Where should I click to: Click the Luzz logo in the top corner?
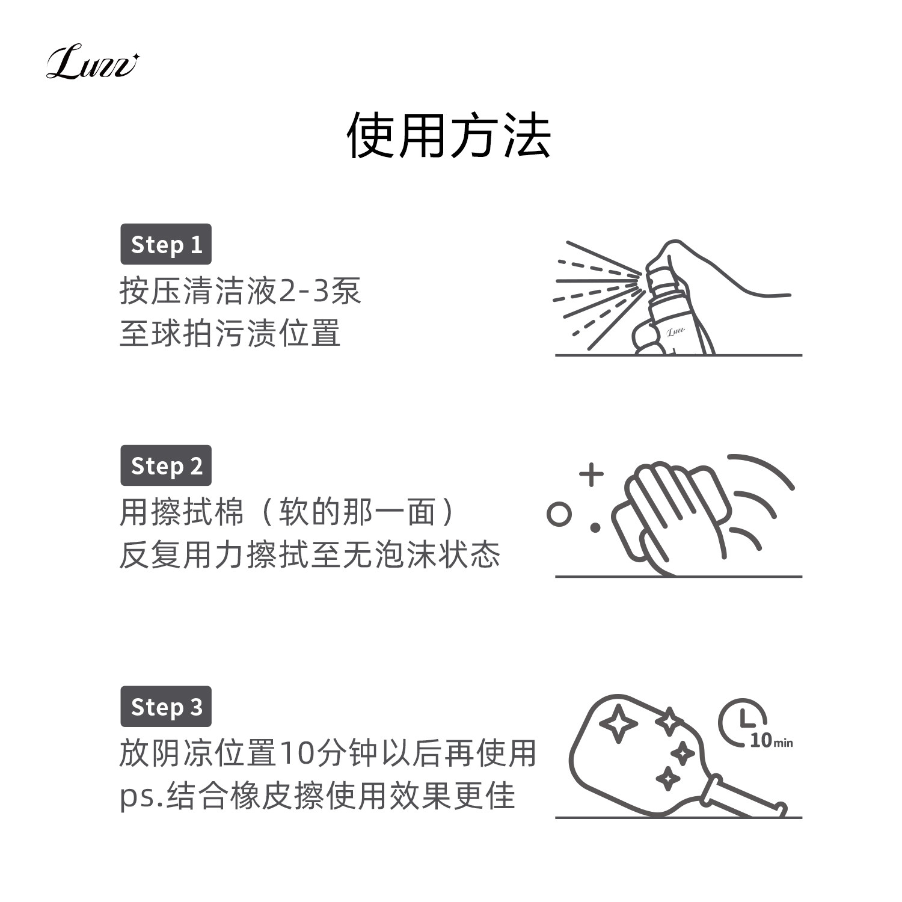pyautogui.click(x=92, y=65)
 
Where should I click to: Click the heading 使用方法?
pyautogui.click(x=449, y=136)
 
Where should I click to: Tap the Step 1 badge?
pyautogui.click(x=166, y=245)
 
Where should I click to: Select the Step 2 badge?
pyautogui.click(x=166, y=466)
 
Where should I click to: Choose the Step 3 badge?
pyautogui.click(x=166, y=707)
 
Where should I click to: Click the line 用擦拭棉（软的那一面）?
pyautogui.click(x=289, y=513)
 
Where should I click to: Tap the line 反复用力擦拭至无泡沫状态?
pyautogui.click(x=310, y=554)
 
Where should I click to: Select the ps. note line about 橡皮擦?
pyautogui.click(x=318, y=796)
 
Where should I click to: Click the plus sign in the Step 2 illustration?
pyautogui.click(x=591, y=474)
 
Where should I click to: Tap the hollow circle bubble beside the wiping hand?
pyautogui.click(x=559, y=515)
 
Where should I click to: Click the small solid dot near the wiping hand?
pyautogui.click(x=595, y=528)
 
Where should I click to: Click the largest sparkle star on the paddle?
pyautogui.click(x=618, y=723)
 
